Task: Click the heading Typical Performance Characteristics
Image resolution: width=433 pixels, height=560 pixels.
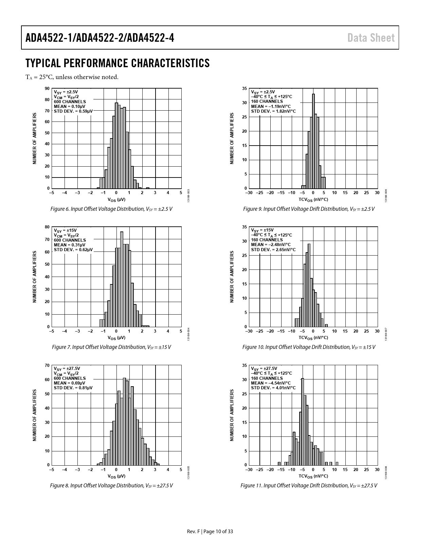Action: click(x=118, y=63)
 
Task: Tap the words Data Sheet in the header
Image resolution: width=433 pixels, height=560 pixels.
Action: click(x=371, y=38)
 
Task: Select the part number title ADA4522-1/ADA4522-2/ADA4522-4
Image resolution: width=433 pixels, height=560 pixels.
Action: click(x=100, y=38)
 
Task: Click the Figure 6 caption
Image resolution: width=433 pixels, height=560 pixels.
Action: click(x=111, y=209)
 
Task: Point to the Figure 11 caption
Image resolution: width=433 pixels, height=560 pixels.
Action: click(x=309, y=486)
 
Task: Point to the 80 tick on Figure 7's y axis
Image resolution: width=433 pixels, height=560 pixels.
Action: click(x=47, y=227)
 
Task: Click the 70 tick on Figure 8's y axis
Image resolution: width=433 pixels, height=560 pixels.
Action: click(x=47, y=366)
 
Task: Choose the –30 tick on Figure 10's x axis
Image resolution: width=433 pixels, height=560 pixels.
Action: click(x=249, y=331)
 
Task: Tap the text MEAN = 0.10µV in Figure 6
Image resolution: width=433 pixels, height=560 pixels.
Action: click(x=70, y=106)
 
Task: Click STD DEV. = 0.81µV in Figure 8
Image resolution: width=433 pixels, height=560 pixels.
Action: click(x=73, y=388)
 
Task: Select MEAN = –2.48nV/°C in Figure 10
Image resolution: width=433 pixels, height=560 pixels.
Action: click(x=271, y=245)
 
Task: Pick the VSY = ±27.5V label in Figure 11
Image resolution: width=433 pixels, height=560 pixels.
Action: click(x=264, y=369)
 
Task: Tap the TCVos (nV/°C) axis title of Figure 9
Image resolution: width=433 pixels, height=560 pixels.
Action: click(x=313, y=200)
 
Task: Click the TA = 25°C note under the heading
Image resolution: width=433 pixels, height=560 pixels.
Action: click(x=72, y=77)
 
